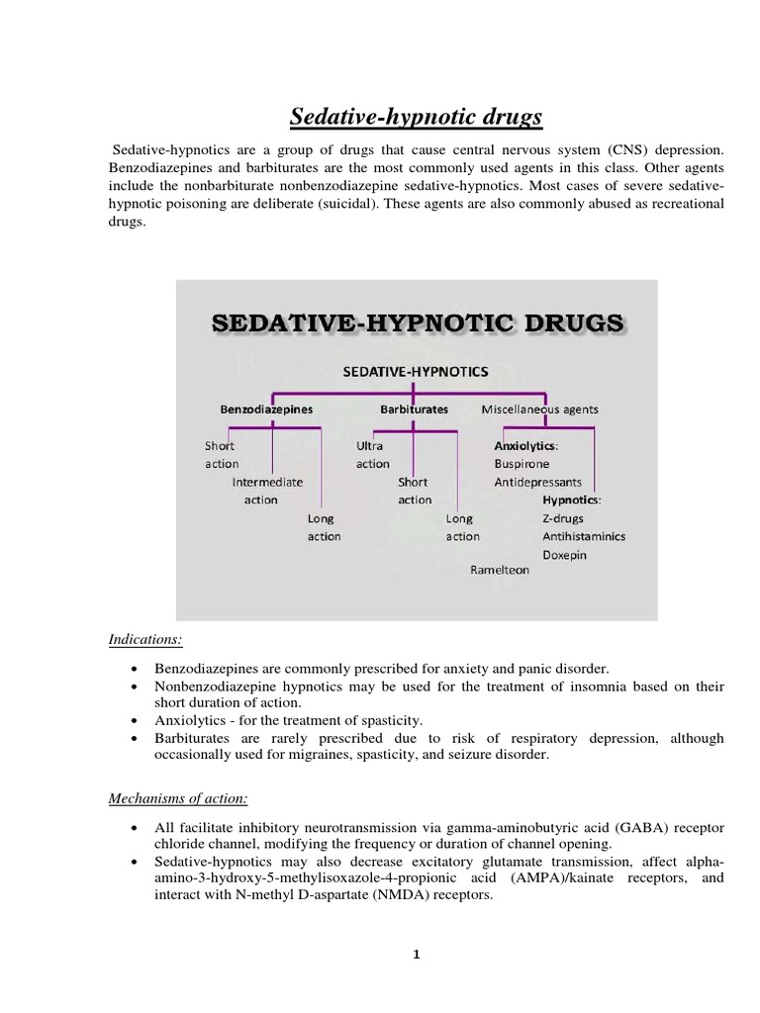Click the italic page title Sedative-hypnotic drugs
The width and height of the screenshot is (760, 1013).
[416, 117]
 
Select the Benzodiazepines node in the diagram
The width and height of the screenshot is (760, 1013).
[266, 409]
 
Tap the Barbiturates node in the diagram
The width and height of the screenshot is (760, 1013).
[414, 409]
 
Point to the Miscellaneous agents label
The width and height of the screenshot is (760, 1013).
[539, 409]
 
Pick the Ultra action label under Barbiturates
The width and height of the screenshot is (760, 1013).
[372, 455]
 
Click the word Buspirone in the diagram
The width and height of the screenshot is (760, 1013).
[522, 463]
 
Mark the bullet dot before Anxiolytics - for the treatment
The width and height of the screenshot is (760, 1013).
[134, 721]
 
